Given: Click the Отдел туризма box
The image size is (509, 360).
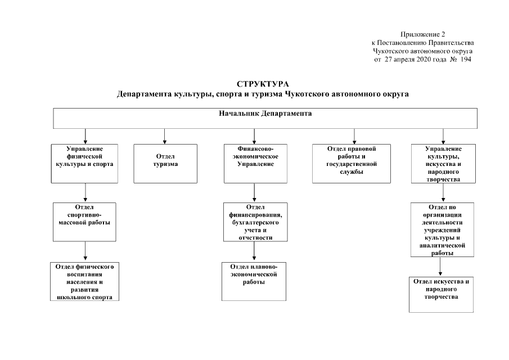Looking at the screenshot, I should point(165,163).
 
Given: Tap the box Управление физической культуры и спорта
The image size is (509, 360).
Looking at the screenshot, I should point(84,163).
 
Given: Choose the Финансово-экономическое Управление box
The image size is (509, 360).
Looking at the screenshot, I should point(255,163).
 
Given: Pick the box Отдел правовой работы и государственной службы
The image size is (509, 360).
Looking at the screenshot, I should point(352,163).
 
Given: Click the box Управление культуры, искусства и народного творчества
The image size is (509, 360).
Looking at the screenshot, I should point(443,164).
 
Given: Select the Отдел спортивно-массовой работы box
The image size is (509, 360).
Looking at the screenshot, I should point(85,222).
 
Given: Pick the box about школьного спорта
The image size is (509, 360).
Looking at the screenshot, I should point(85,281).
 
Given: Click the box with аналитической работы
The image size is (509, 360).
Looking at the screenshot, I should point(443,230).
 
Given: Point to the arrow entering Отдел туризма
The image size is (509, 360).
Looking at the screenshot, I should point(164,136).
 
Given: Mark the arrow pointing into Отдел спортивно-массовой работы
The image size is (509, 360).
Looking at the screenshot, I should point(85,192).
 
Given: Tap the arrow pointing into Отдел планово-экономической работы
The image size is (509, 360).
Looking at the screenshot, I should point(255,252).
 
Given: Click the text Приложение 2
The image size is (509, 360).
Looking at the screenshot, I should point(422,35).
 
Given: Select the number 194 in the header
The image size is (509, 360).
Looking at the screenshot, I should point(465,59).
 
